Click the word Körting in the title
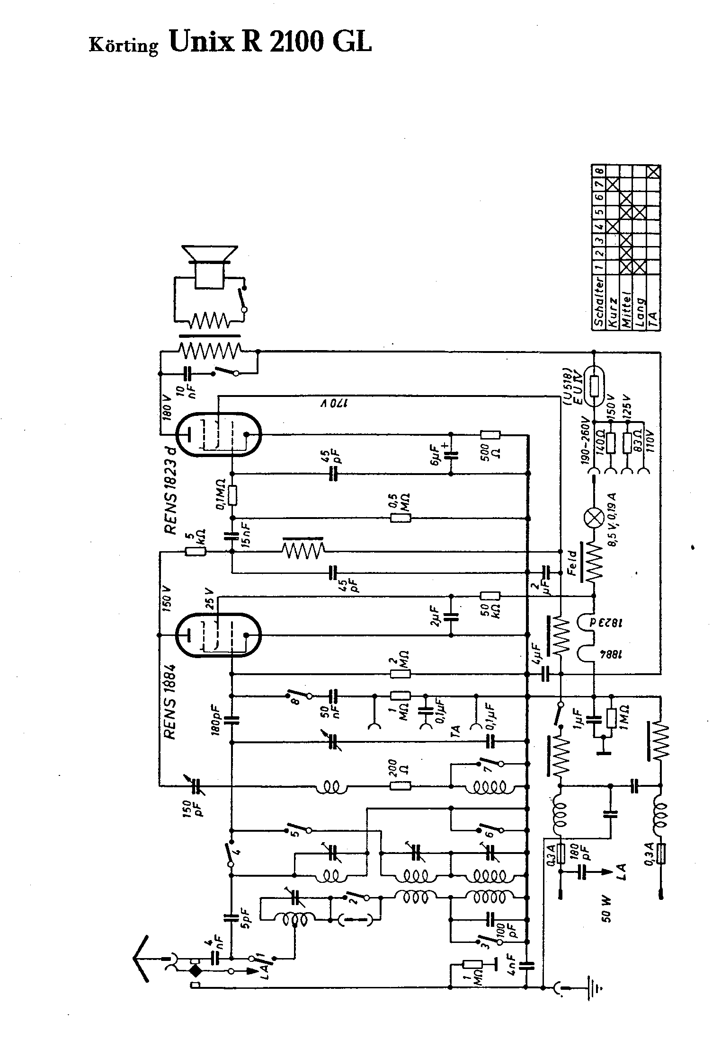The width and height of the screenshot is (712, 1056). click(x=124, y=46)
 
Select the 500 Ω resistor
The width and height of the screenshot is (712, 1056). click(x=490, y=435)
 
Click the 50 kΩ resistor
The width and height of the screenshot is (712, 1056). click(x=490, y=596)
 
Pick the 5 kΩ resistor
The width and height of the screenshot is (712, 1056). click(x=195, y=551)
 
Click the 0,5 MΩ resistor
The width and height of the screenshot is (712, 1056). click(x=400, y=518)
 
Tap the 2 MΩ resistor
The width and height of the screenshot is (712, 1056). click(x=400, y=674)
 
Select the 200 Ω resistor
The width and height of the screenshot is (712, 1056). click(x=400, y=786)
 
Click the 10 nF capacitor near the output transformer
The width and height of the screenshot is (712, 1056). click(x=188, y=374)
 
